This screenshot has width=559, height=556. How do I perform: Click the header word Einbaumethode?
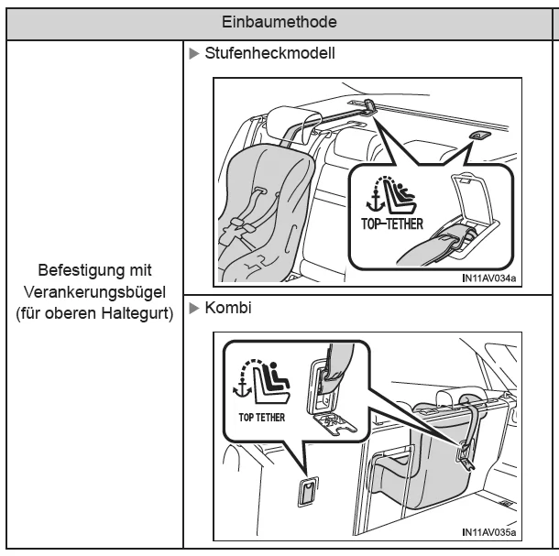point(279,19)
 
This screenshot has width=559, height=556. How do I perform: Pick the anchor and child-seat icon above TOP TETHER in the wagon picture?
point(259,380)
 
